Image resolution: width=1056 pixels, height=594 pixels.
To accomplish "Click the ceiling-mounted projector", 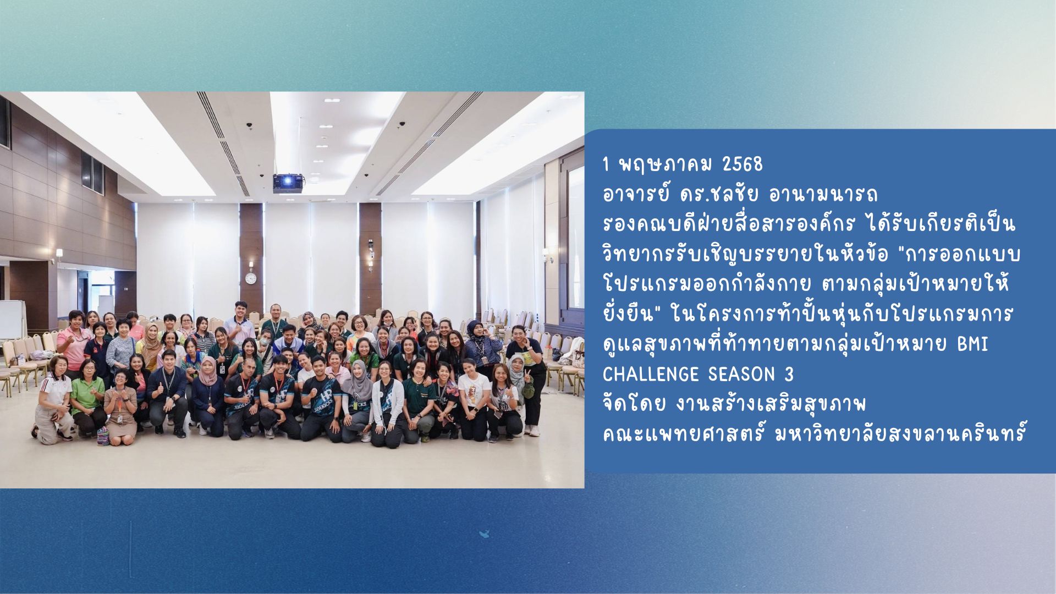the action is (x=288, y=183).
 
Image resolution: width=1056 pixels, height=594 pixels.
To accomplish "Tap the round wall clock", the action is (x=251, y=278).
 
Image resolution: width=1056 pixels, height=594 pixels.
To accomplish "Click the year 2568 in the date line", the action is (x=743, y=164).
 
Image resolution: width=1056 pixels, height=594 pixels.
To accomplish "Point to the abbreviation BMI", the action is (x=972, y=345).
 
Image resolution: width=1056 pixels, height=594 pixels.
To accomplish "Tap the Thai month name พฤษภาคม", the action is (x=665, y=164).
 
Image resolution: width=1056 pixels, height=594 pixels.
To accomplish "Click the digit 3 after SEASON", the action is (x=789, y=375).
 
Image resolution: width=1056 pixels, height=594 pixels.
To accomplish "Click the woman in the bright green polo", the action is (x=87, y=396).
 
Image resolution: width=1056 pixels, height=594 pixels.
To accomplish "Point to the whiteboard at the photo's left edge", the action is (x=12, y=319).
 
